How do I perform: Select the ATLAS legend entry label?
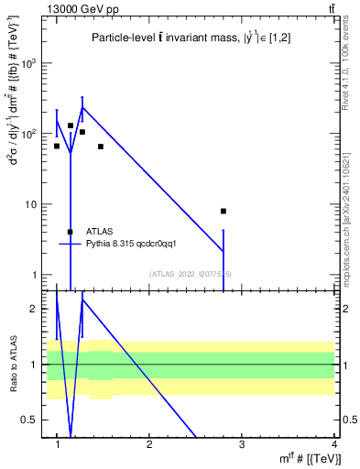[x=99, y=232]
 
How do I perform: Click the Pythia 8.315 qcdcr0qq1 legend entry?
[x=124, y=244]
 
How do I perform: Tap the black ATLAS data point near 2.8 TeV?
[x=224, y=211]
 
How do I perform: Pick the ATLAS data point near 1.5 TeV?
[x=101, y=147]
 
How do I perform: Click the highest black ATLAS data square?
[x=71, y=125]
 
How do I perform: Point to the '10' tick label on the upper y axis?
[x=30, y=204]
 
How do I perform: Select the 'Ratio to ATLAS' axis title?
[x=13, y=364]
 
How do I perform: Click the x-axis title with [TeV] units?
[x=307, y=458]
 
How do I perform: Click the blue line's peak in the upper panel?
[x=82, y=107]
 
